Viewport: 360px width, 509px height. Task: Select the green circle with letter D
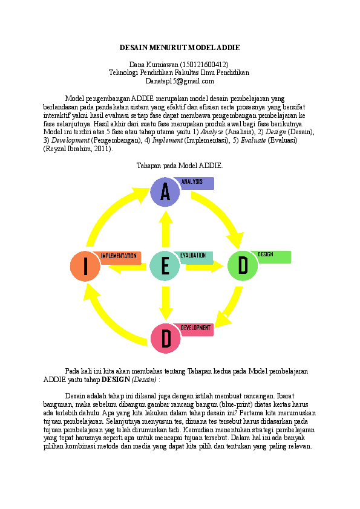243,266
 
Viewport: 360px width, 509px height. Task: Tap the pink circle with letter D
166,339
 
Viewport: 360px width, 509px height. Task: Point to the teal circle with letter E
165,266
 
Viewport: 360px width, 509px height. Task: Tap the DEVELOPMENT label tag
195,329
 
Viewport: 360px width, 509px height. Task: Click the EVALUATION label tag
195,257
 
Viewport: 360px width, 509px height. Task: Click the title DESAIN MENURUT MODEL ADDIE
180,47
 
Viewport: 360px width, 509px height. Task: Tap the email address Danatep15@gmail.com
180,80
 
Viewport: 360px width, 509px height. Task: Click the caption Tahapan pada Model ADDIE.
180,165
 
